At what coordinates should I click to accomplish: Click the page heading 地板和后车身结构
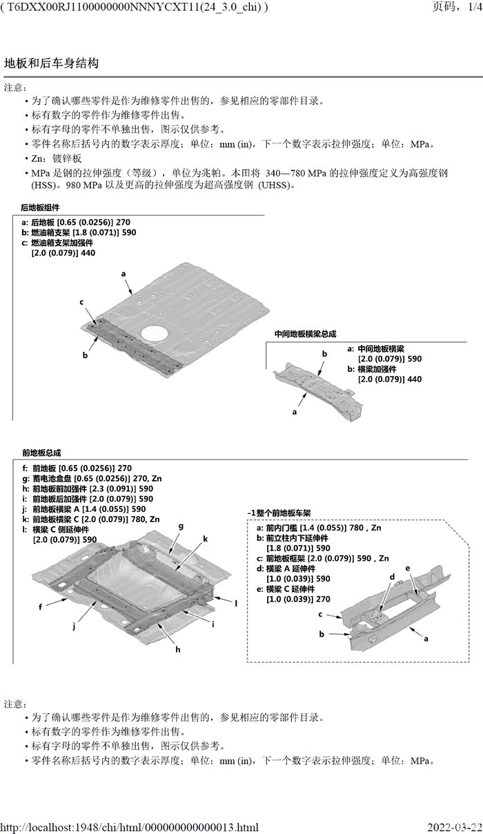52,63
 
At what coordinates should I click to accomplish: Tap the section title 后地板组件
40,208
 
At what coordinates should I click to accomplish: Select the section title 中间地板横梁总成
305,334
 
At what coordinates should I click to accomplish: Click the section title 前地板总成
41,453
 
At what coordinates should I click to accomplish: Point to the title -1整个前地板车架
279,513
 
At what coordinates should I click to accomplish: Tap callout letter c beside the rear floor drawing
81,302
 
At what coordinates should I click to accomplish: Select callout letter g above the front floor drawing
181,526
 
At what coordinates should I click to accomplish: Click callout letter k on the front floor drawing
205,538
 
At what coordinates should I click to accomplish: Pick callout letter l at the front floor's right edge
235,603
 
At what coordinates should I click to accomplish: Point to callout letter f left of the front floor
41,607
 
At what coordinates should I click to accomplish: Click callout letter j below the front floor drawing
73,626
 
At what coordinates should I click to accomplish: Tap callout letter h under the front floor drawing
177,649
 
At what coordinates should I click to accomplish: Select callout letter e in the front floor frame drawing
408,568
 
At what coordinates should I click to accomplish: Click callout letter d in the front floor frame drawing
392,577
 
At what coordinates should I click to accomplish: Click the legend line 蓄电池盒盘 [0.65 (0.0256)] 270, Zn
92,478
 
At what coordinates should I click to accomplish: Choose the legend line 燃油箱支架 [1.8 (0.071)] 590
79,232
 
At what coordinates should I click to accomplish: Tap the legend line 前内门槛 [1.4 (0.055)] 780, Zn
318,528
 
